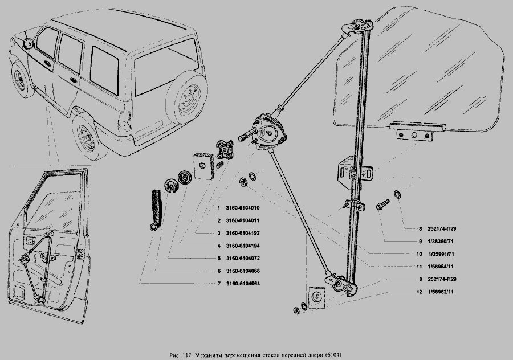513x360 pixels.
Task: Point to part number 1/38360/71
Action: point(432,241)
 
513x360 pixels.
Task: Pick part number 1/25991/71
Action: point(432,253)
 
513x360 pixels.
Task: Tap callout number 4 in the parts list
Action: point(219,246)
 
